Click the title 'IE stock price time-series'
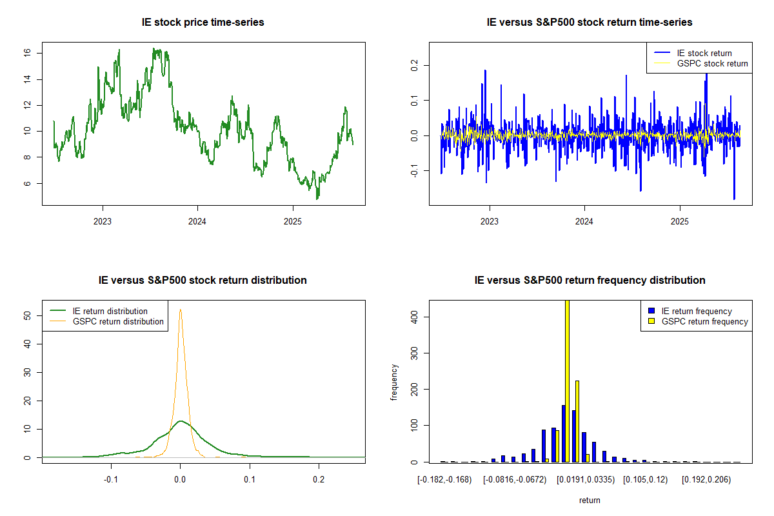click(x=203, y=23)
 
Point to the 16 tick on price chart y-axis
click(x=28, y=53)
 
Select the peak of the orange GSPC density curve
click(x=181, y=310)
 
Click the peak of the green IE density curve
click(x=181, y=421)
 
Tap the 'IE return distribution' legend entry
click(x=110, y=311)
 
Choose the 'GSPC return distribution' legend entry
click(x=118, y=321)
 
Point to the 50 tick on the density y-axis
click(x=28, y=315)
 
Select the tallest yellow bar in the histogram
click(x=567, y=381)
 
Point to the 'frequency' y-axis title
click(x=394, y=382)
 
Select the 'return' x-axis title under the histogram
click(x=590, y=500)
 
